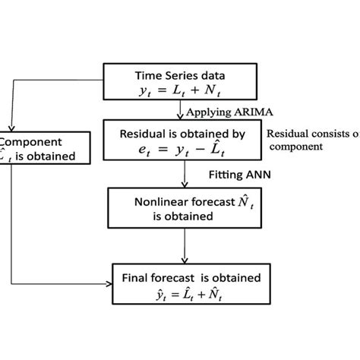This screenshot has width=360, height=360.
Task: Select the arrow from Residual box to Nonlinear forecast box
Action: pos(185,176)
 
